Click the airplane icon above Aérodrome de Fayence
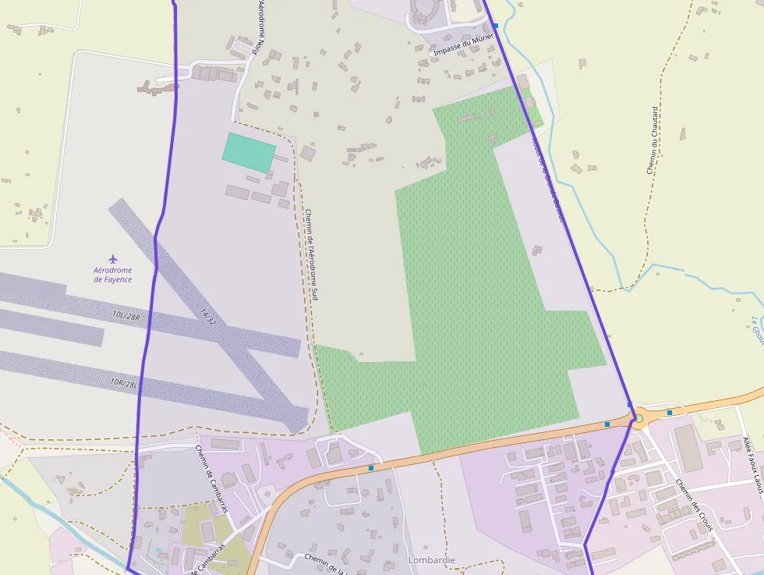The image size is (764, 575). click(113, 257)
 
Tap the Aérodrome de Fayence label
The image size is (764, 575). click(113, 275)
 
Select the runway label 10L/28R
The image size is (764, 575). click(125, 316)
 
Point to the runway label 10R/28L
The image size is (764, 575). click(124, 383)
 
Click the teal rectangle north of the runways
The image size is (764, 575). click(249, 152)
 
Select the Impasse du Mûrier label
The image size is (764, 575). click(465, 45)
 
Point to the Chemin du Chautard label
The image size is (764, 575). click(653, 140)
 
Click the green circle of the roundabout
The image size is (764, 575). click(638, 419)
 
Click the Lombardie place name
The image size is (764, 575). click(431, 560)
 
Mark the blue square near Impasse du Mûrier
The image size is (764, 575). click(496, 26)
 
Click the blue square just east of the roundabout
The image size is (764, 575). click(670, 412)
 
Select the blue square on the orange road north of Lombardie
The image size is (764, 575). click(370, 468)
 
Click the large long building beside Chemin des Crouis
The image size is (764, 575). click(688, 449)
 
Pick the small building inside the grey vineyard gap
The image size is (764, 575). click(536, 250)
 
